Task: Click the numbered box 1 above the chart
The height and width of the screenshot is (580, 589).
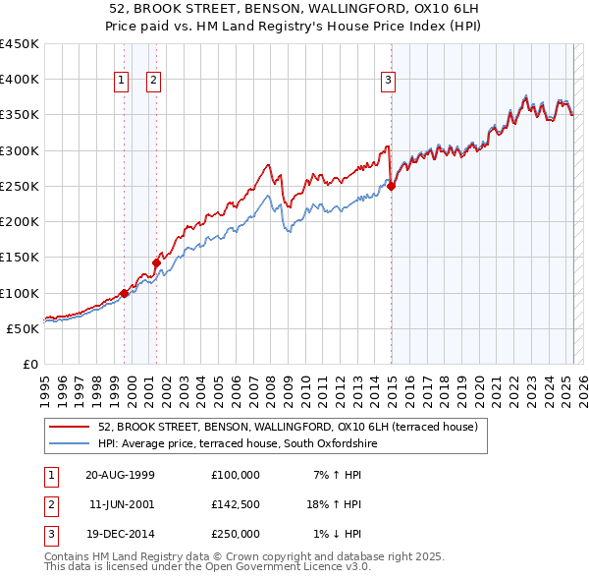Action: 121,81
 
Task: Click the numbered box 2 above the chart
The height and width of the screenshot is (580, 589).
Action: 154,81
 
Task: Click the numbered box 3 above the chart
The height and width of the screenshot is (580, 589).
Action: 388,81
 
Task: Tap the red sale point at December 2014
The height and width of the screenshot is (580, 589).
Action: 391,186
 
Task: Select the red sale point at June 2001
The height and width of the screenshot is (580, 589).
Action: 156,262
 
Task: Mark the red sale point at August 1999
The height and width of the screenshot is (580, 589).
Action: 125,293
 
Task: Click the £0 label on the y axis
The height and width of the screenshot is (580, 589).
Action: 29,364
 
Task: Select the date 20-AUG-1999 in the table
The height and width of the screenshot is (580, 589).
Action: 121,475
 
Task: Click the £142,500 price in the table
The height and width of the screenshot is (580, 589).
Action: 236,504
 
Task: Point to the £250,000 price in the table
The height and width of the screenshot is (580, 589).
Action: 236,534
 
